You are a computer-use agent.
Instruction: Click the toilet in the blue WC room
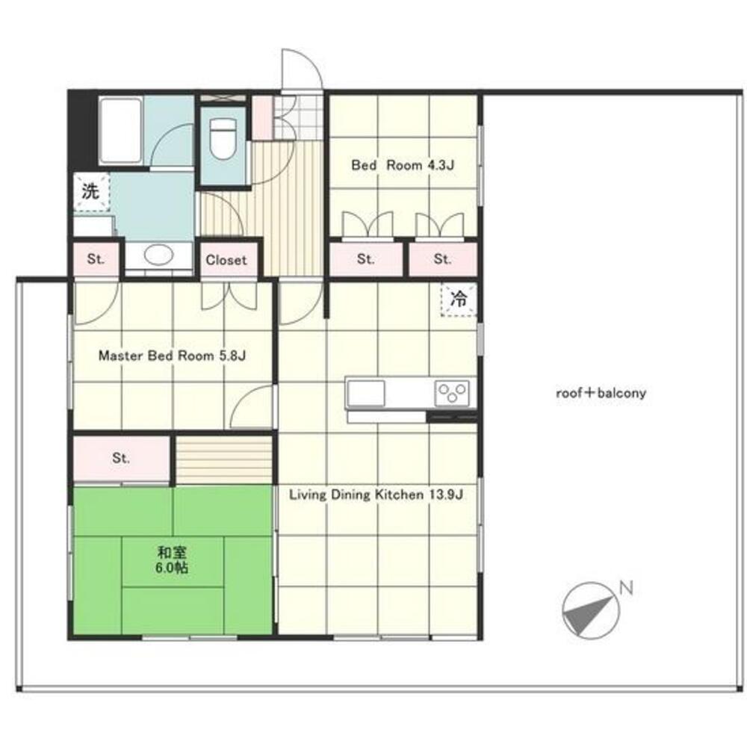pyautogui.click(x=223, y=139)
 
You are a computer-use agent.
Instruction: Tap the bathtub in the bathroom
pyautogui.click(x=121, y=130)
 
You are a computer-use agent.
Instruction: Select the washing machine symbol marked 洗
pyautogui.click(x=91, y=191)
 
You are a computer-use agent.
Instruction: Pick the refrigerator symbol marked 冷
pyautogui.click(x=459, y=300)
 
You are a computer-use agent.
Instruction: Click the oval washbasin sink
pyautogui.click(x=158, y=255)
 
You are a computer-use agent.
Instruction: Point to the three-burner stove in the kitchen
pyautogui.click(x=452, y=394)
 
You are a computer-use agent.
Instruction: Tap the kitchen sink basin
pyautogui.click(x=366, y=393)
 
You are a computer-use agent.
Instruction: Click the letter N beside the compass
pyautogui.click(x=626, y=588)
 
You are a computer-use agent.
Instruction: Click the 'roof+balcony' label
pyautogui.click(x=601, y=393)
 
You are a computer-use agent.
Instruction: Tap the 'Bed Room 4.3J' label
pyautogui.click(x=403, y=165)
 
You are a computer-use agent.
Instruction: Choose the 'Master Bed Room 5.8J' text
pyautogui.click(x=172, y=356)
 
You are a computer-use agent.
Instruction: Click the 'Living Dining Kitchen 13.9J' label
pyautogui.click(x=376, y=495)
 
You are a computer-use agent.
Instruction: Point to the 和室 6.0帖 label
pyautogui.click(x=173, y=560)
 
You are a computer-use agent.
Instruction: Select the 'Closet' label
pyautogui.click(x=226, y=260)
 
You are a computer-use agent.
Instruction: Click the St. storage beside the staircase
pyautogui.click(x=121, y=459)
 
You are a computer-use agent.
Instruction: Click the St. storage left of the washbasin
pyautogui.click(x=96, y=259)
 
